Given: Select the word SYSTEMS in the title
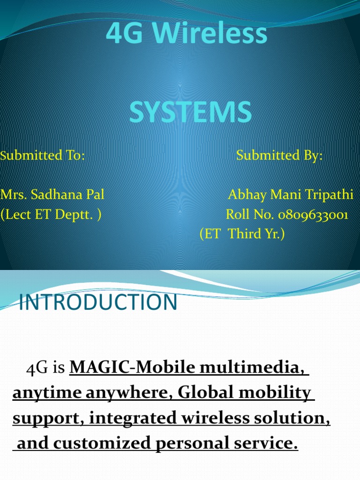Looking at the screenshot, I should click(x=190, y=113).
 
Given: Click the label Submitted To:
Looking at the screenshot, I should click(x=43, y=155).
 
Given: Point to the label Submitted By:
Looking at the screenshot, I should click(x=279, y=155).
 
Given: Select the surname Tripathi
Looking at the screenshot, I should click(x=329, y=195).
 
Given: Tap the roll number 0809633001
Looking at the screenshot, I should click(x=313, y=215).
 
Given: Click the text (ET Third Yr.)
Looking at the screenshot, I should click(x=242, y=234).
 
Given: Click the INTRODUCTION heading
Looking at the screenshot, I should click(x=98, y=303).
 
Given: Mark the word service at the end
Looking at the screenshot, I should click(x=267, y=443).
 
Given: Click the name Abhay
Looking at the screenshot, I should click(x=246, y=195).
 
